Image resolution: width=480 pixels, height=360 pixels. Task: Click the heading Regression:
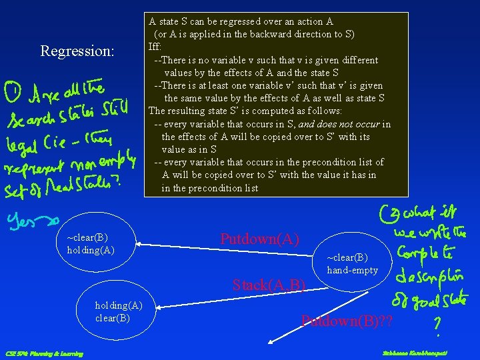tap(77, 51)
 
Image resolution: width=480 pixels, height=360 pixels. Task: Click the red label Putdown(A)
tap(259, 239)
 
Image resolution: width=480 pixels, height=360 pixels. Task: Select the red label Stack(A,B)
tap(269, 285)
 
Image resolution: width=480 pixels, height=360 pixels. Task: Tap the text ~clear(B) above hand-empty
tap(347, 258)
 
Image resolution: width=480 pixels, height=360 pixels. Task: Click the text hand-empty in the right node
tap(352, 270)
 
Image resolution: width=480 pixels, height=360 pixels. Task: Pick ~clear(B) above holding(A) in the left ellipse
tap(87, 237)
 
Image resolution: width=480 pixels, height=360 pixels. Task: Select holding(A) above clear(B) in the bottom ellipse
tap(119, 305)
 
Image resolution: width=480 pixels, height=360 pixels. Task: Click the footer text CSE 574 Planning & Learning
tap(44, 353)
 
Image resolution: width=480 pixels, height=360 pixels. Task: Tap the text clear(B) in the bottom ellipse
tap(112, 317)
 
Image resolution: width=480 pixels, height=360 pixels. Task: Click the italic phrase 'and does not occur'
tap(339, 124)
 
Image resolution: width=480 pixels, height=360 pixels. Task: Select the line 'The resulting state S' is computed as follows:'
tap(245, 111)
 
